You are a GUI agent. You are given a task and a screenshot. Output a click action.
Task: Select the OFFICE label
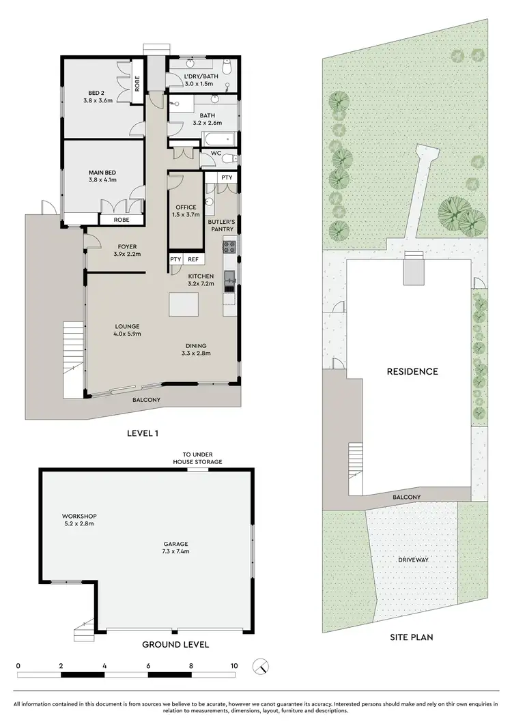[x=186, y=207]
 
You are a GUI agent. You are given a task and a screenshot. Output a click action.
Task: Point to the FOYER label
[x=127, y=246]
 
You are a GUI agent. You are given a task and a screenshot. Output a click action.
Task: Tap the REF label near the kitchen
[x=193, y=259]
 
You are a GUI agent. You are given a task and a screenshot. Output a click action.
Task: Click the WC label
[x=216, y=154]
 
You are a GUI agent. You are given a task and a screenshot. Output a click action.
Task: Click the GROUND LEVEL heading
[x=175, y=644]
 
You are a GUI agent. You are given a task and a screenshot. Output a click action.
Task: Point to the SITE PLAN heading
[x=412, y=637]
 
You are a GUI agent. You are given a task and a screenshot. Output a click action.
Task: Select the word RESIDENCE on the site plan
[x=412, y=372]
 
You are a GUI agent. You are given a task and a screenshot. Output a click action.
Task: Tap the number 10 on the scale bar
[x=233, y=665]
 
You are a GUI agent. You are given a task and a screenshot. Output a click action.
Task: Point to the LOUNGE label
[x=127, y=325]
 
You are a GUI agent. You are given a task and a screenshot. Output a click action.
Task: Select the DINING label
[x=195, y=346]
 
